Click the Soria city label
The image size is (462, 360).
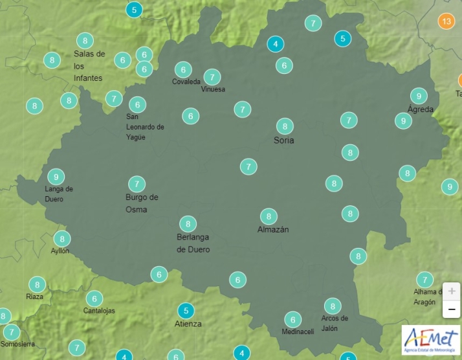(284, 141)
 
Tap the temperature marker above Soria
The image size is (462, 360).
(285, 126)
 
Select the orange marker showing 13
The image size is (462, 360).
(446, 21)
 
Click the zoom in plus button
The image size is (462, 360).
(451, 291)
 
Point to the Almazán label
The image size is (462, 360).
(273, 230)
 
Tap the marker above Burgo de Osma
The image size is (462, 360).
(137, 183)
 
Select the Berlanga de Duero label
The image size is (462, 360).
(193, 243)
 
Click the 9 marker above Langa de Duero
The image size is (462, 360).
(56, 177)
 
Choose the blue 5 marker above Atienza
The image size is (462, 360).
(186, 310)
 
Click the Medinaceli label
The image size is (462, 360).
(298, 332)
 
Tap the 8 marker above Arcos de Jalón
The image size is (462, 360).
(333, 306)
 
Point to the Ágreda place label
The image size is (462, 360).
(421, 109)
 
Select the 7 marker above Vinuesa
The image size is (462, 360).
(212, 76)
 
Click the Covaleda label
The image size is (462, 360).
(186, 82)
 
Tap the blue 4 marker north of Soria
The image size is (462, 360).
(276, 44)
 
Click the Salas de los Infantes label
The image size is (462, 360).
(89, 66)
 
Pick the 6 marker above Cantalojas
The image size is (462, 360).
(94, 298)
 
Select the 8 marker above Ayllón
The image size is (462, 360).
(61, 238)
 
